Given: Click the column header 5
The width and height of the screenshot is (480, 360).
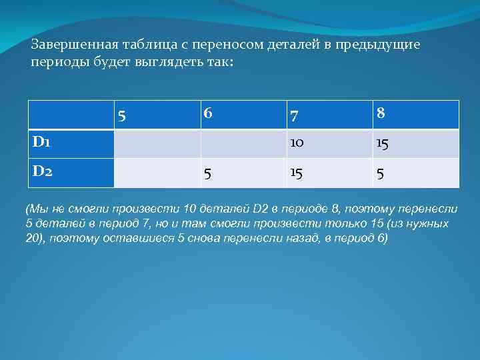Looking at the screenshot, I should click(x=121, y=116).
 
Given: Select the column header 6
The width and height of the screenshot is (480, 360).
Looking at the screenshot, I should click(x=208, y=114).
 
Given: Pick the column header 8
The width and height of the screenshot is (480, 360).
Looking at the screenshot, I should click(x=380, y=114).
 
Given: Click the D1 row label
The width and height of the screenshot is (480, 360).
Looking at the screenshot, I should click(x=41, y=142).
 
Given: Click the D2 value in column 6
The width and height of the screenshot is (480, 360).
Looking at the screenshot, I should click(x=208, y=174).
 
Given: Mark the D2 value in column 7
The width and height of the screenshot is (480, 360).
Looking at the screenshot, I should click(x=297, y=173).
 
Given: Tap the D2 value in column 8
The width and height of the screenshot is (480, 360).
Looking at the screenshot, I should click(x=380, y=174).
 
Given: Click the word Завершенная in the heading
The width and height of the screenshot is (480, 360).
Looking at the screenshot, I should click(x=75, y=44).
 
